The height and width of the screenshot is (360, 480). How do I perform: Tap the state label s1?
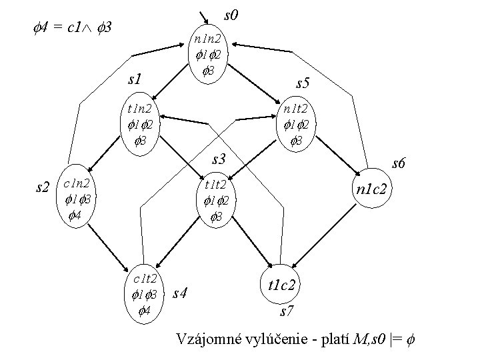click(x=136, y=79)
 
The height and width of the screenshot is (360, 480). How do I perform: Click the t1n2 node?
click(x=139, y=125)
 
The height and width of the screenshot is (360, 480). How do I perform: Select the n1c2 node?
click(x=374, y=189)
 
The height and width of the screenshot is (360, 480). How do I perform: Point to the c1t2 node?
click(x=145, y=293)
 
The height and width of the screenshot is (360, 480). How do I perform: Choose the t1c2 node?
click(x=284, y=285)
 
